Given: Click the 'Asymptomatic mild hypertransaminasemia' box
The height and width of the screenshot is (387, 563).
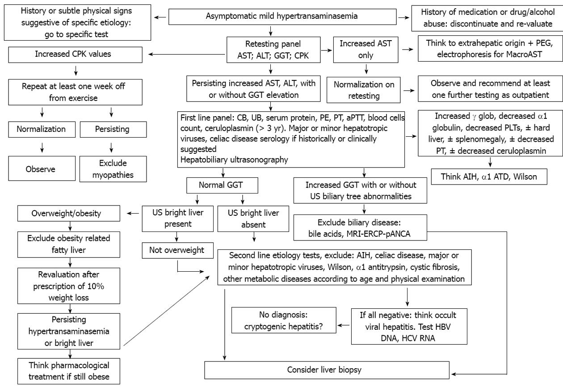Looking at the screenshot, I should click(270, 17).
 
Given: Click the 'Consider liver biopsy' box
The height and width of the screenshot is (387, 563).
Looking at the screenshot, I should click(327, 370).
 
